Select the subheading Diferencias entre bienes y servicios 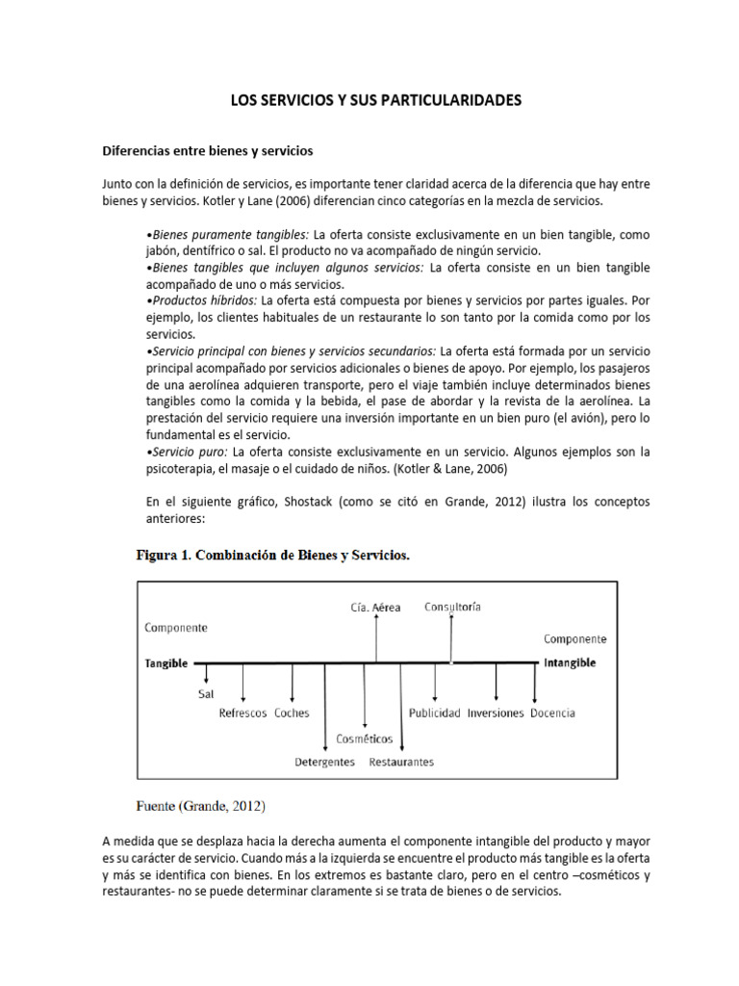pyautogui.click(x=208, y=151)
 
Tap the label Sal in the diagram pyautogui.click(x=205, y=692)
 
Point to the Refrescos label pyautogui.click(x=242, y=714)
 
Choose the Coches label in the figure pyautogui.click(x=292, y=714)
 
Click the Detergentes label pyautogui.click(x=324, y=762)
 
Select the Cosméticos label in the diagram pyautogui.click(x=364, y=739)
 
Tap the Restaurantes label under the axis pyautogui.click(x=401, y=762)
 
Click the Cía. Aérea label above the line pyautogui.click(x=375, y=607)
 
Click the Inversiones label pyautogui.click(x=496, y=714)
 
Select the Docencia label pyautogui.click(x=552, y=714)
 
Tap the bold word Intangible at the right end pyautogui.click(x=570, y=663)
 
